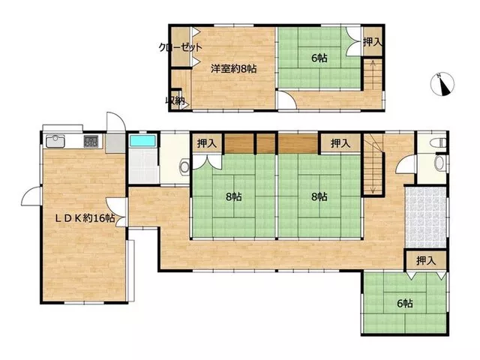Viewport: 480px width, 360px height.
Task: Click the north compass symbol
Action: (442, 84)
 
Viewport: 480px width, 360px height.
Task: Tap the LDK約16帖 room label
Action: (85, 218)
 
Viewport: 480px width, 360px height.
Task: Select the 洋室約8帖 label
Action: (233, 69)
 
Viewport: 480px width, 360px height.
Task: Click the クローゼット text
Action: (181, 47)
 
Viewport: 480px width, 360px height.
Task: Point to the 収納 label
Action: (175, 100)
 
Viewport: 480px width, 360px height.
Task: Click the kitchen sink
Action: (55, 141)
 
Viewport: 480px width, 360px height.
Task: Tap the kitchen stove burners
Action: (91, 141)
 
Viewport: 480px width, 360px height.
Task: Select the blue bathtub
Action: (142, 140)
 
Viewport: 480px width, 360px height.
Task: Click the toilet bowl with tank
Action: (438, 143)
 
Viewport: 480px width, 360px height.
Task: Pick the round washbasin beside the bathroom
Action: (185, 167)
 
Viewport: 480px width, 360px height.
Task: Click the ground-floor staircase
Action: (373, 164)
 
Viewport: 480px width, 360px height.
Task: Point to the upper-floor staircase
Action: (373, 74)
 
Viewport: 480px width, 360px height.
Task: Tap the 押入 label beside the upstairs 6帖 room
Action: (373, 42)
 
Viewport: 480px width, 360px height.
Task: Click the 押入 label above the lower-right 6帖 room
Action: (426, 260)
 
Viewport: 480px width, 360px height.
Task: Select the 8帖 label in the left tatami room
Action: (233, 196)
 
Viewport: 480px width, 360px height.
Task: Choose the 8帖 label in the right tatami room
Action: (319, 196)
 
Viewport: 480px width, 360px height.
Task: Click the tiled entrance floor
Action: (425, 217)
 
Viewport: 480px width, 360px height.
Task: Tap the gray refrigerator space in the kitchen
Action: (115, 143)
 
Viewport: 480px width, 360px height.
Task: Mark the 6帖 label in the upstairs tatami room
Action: (319, 58)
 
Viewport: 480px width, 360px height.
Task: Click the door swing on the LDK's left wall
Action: (31, 196)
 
